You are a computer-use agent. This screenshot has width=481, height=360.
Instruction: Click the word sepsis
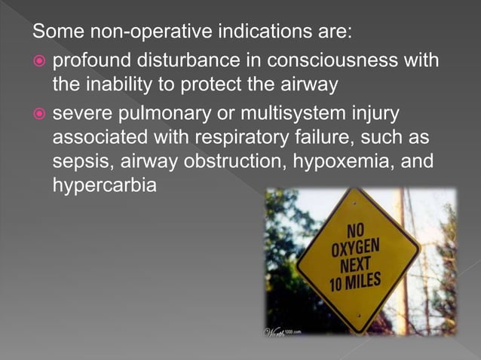(x=78, y=162)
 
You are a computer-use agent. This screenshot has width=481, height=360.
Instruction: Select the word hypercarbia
(x=104, y=185)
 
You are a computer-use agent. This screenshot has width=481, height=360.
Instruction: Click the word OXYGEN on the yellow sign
(x=356, y=248)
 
